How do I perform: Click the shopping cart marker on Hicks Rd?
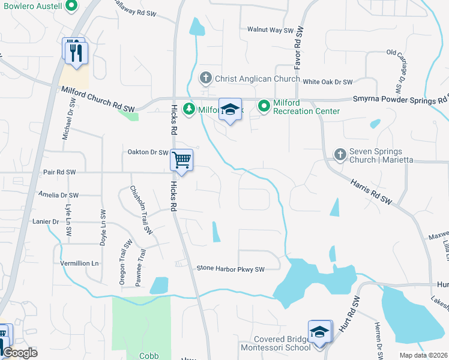click(181, 160)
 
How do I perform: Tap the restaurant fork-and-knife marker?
click(76, 52)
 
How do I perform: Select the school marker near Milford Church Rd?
click(229, 110)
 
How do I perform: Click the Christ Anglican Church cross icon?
click(205, 78)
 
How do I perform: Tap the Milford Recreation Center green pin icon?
click(264, 107)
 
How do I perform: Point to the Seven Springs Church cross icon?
click(340, 155)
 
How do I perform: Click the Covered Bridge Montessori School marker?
click(320, 332)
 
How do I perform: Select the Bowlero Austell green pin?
click(71, 6)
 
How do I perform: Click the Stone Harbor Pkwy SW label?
click(231, 269)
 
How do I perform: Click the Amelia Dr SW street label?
click(58, 195)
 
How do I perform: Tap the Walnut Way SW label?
click(270, 30)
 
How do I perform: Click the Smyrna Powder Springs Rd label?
click(400, 100)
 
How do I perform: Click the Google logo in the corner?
click(19, 353)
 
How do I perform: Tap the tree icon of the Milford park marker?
click(190, 109)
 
